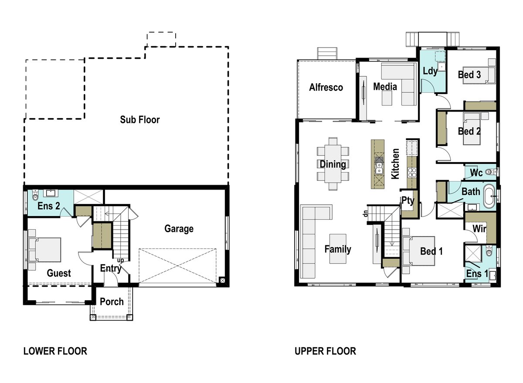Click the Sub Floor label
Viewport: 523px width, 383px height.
(x=140, y=120)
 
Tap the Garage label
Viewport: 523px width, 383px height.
(x=179, y=229)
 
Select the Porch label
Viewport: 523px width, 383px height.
(x=112, y=302)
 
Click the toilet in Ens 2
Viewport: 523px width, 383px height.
(x=35, y=195)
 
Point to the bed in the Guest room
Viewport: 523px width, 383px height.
(x=45, y=250)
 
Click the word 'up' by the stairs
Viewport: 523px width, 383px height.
(x=120, y=260)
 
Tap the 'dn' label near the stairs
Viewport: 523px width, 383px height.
(x=366, y=214)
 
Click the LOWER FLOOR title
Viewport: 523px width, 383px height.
(x=55, y=351)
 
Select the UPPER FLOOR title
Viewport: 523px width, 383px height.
(x=325, y=351)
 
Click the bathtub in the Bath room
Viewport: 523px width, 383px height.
(x=489, y=196)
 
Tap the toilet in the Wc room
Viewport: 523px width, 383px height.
(x=490, y=172)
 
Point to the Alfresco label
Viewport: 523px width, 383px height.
(x=326, y=87)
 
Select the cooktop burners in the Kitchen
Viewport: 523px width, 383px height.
(x=412, y=173)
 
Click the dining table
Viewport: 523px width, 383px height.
(x=333, y=164)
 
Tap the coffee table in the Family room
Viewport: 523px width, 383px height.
(x=338, y=249)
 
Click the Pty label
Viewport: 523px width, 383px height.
(x=408, y=201)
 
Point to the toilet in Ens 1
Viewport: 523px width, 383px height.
(x=489, y=251)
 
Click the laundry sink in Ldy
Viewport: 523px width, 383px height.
(x=441, y=67)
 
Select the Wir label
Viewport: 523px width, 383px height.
(x=479, y=229)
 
